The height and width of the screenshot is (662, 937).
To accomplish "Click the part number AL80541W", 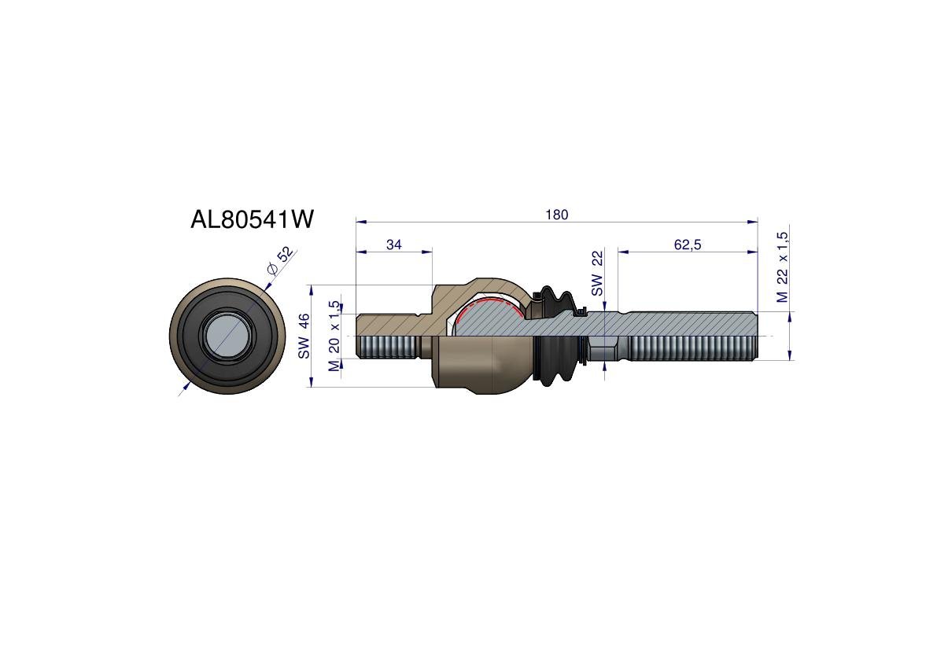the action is click(252, 219).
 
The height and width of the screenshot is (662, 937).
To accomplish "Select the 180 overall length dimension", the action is click(556, 215).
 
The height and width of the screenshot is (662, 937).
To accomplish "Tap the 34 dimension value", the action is click(394, 245).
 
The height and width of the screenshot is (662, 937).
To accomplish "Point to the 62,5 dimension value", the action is click(688, 245).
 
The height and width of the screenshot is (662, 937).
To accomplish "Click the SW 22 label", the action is click(597, 274).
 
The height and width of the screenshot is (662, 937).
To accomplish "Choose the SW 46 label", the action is click(304, 336).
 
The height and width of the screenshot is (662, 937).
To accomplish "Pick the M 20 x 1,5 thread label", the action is click(334, 336).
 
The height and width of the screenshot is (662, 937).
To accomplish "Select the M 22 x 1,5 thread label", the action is click(782, 267).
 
